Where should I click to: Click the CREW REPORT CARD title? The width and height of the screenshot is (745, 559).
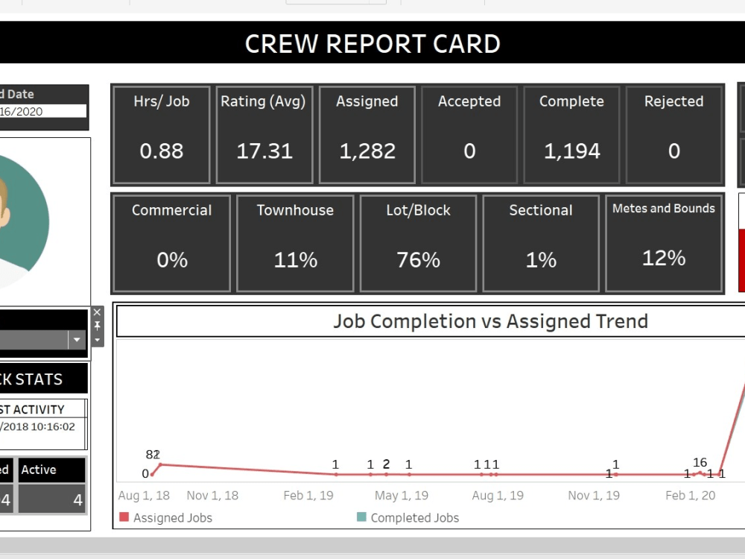coord(372,44)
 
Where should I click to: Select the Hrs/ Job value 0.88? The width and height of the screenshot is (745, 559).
coord(161,151)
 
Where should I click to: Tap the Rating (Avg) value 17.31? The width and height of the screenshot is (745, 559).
coord(264,151)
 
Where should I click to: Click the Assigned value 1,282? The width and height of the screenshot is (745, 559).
coord(367,151)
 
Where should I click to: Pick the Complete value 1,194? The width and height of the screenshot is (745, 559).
coord(571,151)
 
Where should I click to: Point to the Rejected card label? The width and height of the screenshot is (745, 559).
coord(673,101)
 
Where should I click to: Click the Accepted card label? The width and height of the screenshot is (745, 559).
coord(469,101)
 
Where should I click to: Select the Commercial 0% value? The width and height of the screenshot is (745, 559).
coord(172,260)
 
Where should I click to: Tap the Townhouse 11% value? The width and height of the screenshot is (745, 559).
coord(295,260)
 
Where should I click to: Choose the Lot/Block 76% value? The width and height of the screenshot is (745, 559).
coord(418,260)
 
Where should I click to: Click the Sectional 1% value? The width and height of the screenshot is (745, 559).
coord(541,260)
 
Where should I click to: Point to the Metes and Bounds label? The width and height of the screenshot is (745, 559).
coord(663,209)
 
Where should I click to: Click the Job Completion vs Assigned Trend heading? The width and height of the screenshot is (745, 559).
coord(490,321)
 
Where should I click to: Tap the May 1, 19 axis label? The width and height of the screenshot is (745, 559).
coord(401,496)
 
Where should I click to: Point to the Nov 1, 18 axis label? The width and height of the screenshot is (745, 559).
coord(212,496)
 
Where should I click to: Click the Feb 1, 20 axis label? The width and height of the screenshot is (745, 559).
coord(690,496)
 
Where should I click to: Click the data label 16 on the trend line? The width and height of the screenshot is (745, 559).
coord(700,463)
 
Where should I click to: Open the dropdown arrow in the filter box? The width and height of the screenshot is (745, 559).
coord(77,340)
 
